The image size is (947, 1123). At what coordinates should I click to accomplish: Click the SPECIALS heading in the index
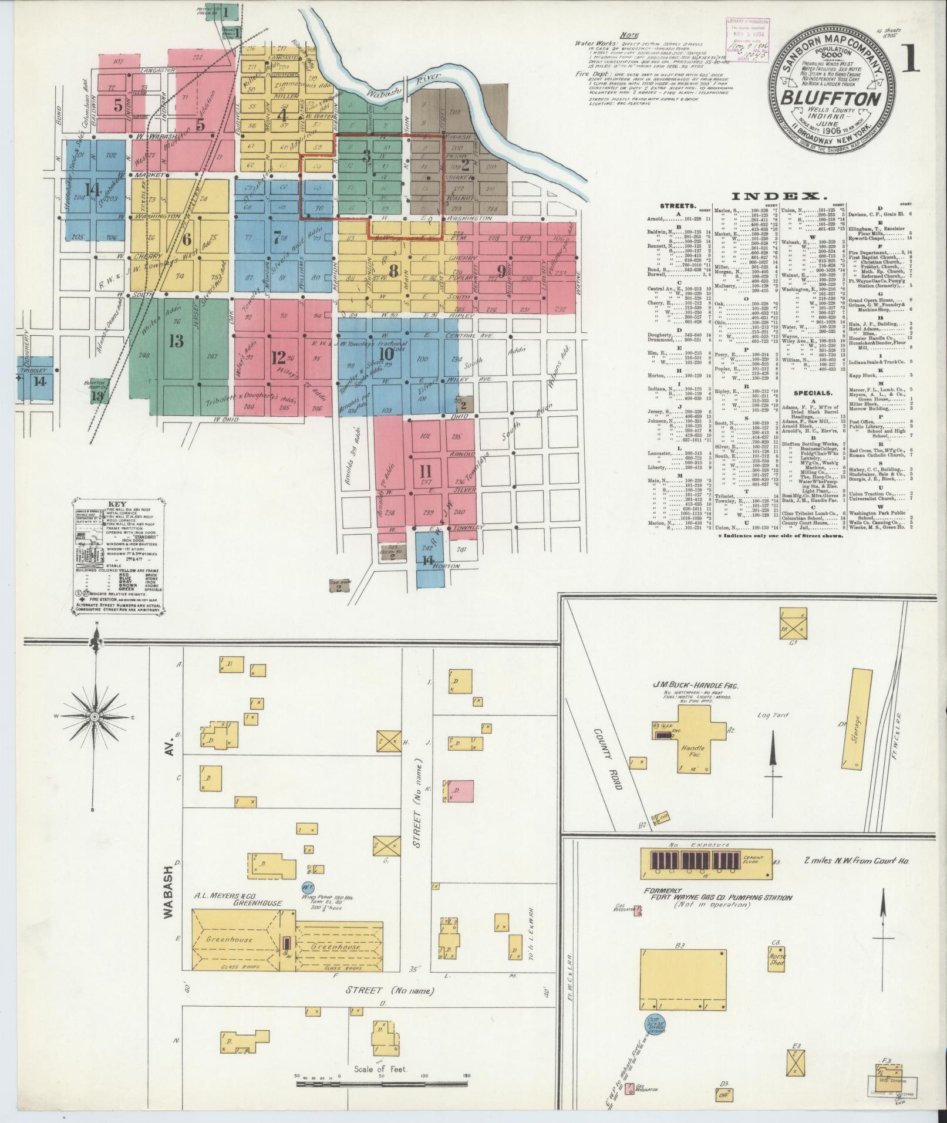click(813, 393)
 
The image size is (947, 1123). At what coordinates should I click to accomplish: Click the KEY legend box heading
click(119, 504)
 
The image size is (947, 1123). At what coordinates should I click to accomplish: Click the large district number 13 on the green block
click(176, 340)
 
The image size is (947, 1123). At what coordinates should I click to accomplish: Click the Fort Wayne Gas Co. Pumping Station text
click(717, 913)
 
